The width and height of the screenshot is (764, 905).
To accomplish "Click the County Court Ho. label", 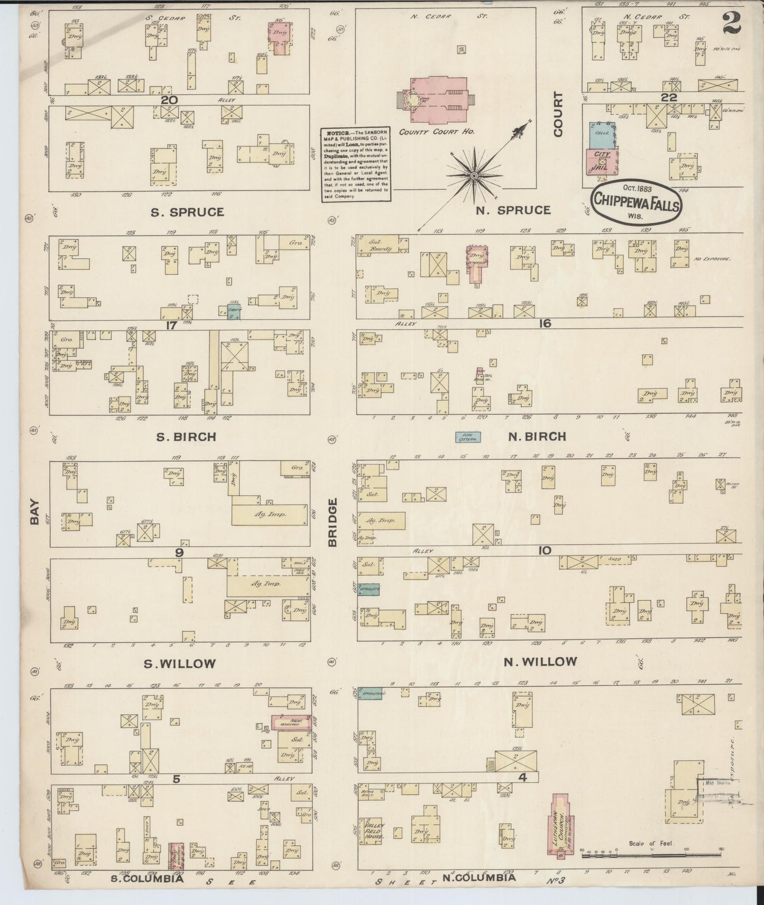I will click(437, 132).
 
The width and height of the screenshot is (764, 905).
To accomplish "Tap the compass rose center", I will click(473, 175).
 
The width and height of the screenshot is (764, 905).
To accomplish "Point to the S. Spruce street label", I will click(187, 212).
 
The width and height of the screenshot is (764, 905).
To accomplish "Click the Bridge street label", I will click(334, 521).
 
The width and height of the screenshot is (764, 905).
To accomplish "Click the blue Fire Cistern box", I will click(468, 438).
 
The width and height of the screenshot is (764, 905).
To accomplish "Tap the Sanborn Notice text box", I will click(356, 165).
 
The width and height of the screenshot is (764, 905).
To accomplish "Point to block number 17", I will click(170, 325).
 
